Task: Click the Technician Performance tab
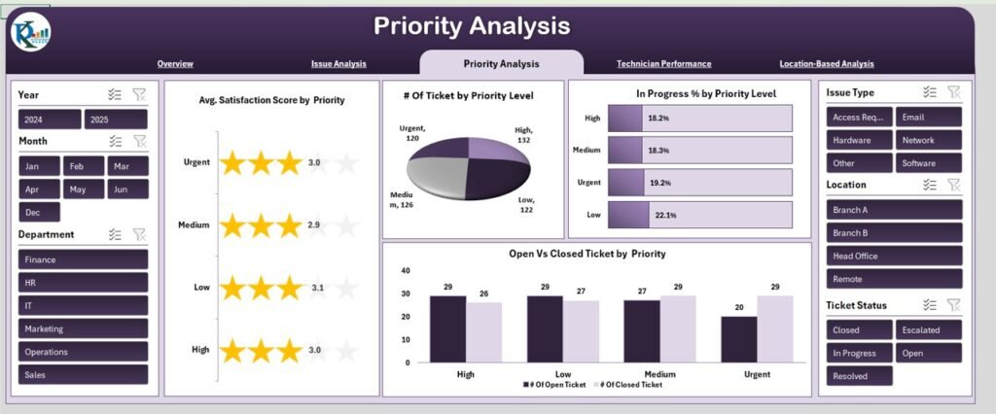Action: tap(663, 64)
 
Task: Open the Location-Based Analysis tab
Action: tap(826, 64)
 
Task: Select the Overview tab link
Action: tap(175, 64)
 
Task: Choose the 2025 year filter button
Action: tap(115, 120)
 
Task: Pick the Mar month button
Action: tap(127, 166)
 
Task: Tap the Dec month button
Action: tap(38, 212)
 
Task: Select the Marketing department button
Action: tap(83, 328)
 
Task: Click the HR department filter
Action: tap(83, 282)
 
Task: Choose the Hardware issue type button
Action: tap(854, 140)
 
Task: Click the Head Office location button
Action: tap(894, 256)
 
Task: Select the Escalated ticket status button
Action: tap(928, 329)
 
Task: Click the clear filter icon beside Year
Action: tap(139, 94)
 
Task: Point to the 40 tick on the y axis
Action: tap(406, 271)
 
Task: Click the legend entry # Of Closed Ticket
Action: tap(631, 386)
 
